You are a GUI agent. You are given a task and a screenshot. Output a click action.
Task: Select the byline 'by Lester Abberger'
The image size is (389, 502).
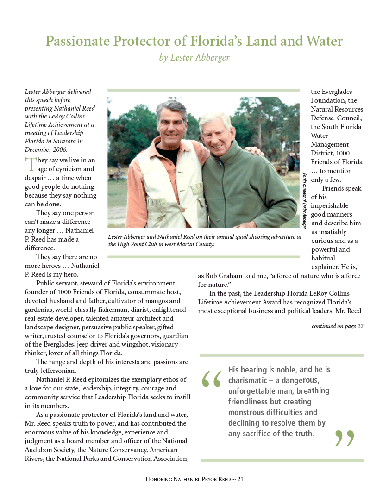pos(194,58)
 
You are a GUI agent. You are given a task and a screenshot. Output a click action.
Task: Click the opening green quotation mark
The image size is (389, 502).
pos(212,378)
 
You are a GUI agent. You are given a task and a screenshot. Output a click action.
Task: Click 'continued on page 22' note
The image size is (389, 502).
pos(337,326)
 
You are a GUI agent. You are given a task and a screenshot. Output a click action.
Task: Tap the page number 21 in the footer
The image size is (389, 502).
pos(240,479)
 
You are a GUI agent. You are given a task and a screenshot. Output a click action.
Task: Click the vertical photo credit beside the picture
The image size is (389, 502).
pos(304,200)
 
